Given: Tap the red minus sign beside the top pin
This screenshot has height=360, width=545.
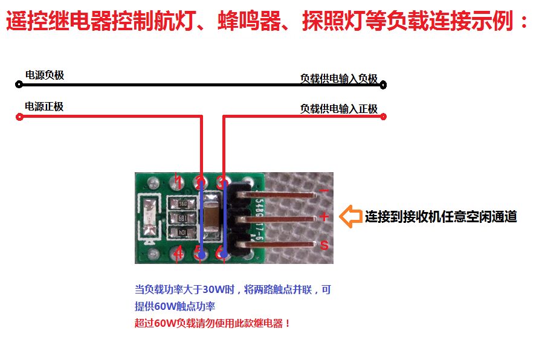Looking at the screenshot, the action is pyautogui.click(x=324, y=191).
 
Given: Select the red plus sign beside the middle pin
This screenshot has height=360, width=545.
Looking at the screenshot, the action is pyautogui.click(x=324, y=216).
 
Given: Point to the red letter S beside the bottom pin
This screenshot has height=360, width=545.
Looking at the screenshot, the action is pyautogui.click(x=324, y=245).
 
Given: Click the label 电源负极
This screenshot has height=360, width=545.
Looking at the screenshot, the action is pyautogui.click(x=44, y=76).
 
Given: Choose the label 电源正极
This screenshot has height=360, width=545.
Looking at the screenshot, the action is pyautogui.click(x=44, y=107).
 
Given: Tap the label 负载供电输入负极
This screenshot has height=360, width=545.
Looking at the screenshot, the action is pyautogui.click(x=338, y=79).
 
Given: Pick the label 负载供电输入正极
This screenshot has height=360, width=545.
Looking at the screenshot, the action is pyautogui.click(x=338, y=109).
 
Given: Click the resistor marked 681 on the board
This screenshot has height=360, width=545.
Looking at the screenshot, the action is pyautogui.click(x=181, y=218).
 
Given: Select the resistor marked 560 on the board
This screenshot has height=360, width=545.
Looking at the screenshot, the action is pyautogui.click(x=181, y=204).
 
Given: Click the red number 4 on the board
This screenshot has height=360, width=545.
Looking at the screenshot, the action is pyautogui.click(x=178, y=254).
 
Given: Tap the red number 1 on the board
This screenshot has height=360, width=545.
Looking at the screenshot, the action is pyautogui.click(x=177, y=179).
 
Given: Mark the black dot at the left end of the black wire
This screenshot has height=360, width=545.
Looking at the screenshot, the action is pyautogui.click(x=19, y=85).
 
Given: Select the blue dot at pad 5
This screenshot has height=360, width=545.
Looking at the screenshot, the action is pyautogui.click(x=201, y=256).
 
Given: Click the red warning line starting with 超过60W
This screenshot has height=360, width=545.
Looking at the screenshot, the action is pyautogui.click(x=213, y=323).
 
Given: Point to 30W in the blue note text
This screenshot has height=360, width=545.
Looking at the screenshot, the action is pyautogui.click(x=213, y=290).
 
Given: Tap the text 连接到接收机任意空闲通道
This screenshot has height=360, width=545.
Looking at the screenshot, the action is pyautogui.click(x=440, y=217).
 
